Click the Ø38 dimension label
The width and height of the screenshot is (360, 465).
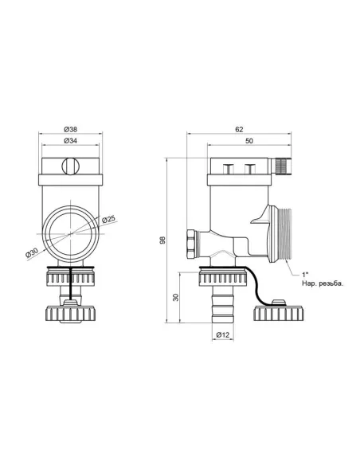70,128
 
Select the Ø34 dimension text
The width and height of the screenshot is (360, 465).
70,140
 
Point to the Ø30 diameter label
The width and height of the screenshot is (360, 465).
33,253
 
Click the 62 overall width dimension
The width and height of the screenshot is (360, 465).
238,128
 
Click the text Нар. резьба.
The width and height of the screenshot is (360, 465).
323,283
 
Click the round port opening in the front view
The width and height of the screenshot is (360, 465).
70,233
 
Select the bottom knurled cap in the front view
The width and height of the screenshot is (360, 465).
70,307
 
